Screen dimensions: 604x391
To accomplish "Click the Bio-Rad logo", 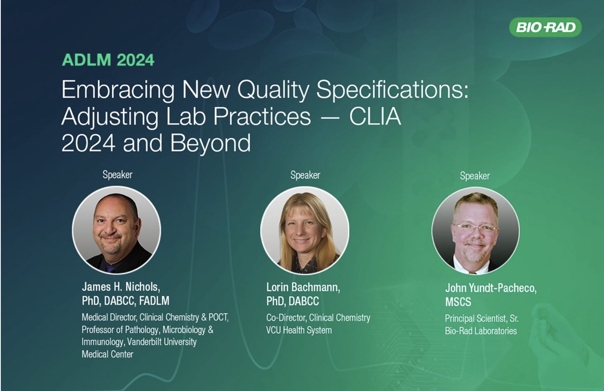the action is tap(545, 27).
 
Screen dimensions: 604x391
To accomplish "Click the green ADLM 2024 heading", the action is tap(108, 60).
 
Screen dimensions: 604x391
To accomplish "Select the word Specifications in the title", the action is tap(393, 90).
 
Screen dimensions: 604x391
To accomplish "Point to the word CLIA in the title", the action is tap(375, 116).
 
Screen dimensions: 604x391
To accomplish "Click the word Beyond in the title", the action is tap(211, 143).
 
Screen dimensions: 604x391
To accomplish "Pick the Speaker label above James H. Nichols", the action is tap(117, 175).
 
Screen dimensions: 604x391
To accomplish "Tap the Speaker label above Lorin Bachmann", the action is tap(305, 175).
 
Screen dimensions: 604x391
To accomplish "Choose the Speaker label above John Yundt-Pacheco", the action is tap(475, 176).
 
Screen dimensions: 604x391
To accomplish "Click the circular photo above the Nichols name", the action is tap(117, 230).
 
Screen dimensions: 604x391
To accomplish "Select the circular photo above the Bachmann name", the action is tap(305, 231).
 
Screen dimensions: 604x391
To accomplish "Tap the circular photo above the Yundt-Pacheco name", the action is tap(476, 231).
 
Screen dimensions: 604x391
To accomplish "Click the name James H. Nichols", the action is tap(121, 287).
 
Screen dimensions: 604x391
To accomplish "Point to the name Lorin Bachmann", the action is tap(303, 288).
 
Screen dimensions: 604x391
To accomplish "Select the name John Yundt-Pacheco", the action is tap(491, 288).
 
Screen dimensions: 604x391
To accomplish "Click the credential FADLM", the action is tap(154, 301).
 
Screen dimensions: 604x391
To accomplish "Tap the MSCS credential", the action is tap(458, 302).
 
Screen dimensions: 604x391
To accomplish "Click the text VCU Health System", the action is tap(299, 330).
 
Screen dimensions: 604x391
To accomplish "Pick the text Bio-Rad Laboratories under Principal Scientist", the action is tap(481, 331).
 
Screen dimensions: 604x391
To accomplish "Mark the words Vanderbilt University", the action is tap(162, 342).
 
